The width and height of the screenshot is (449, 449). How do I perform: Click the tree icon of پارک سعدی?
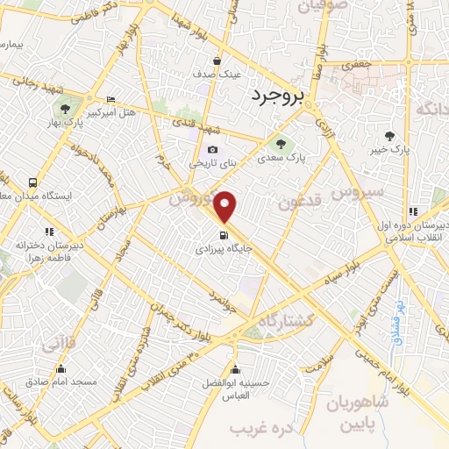click(x=280, y=144)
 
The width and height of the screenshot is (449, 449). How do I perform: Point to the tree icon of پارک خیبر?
click(x=390, y=136)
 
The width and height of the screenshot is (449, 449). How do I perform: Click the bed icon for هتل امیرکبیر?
click(x=110, y=100)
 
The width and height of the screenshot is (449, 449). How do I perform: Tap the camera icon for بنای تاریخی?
click(x=213, y=150)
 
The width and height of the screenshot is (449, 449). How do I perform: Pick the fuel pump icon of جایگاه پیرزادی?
click(x=224, y=235)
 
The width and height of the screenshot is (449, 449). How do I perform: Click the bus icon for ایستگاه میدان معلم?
click(x=32, y=182)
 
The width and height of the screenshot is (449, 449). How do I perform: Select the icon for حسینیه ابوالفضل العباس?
click(x=234, y=367)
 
